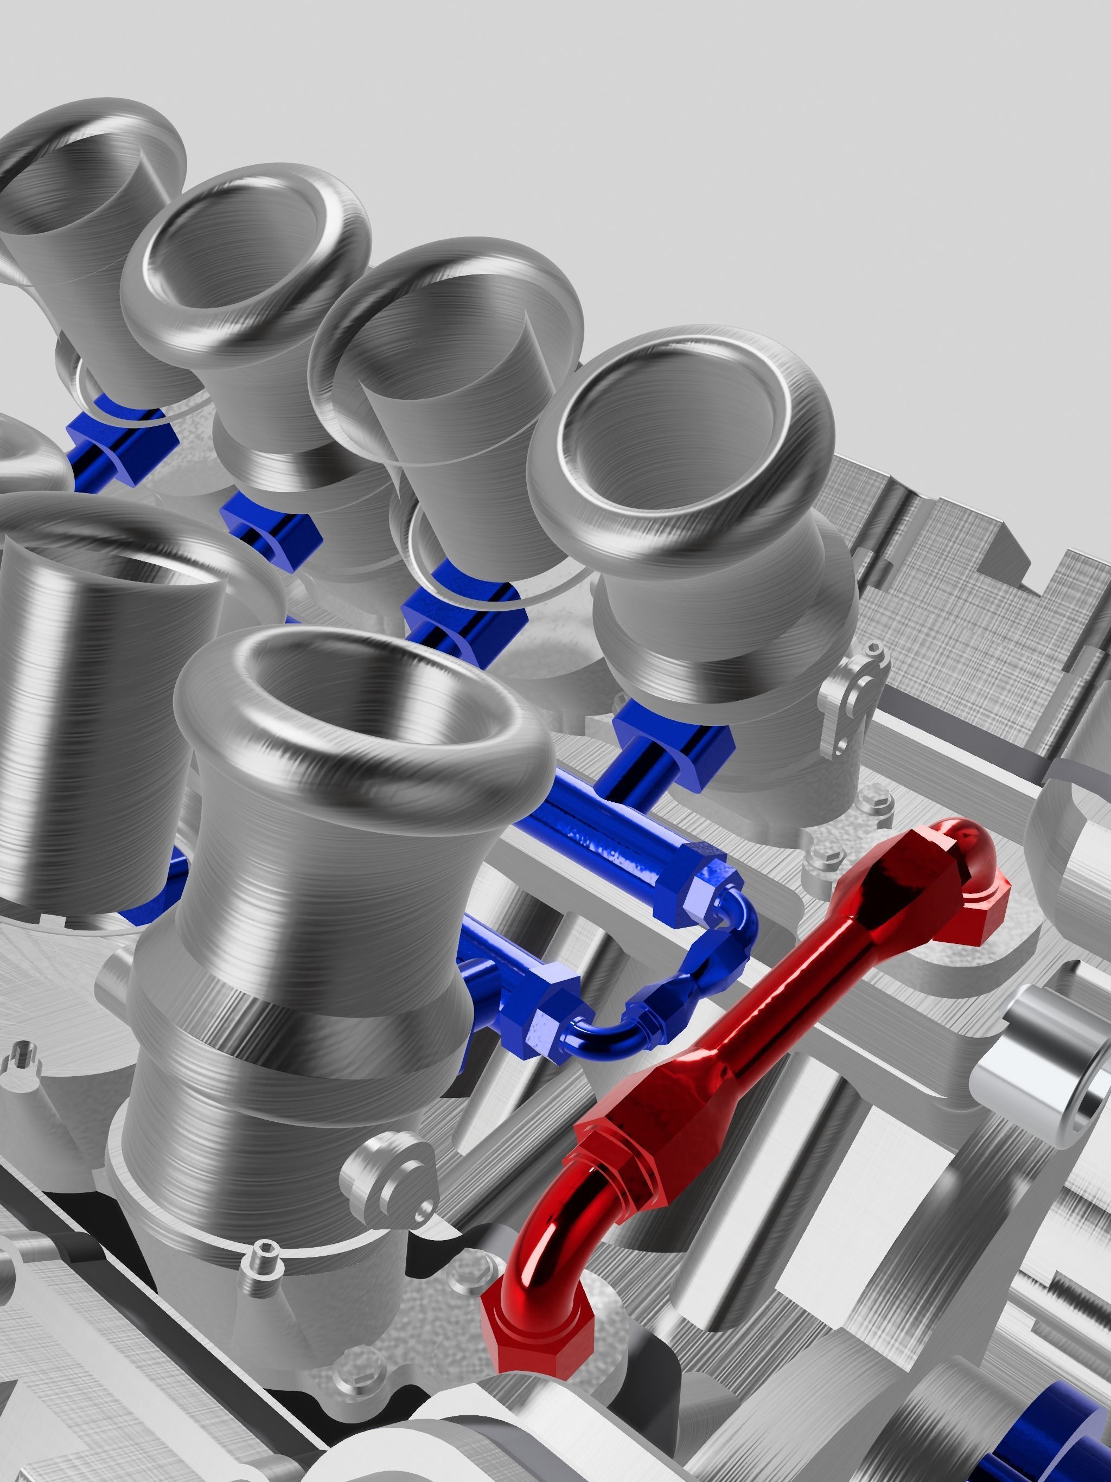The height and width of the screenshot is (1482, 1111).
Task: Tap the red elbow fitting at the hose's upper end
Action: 965,871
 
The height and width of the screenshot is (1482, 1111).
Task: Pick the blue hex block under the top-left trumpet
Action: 124,439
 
